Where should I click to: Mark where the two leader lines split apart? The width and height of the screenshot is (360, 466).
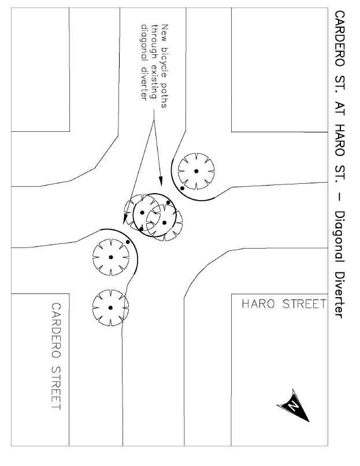tap(154, 120)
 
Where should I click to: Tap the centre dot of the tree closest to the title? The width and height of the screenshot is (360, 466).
tap(196, 171)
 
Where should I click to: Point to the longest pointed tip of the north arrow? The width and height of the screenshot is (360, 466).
tap(309, 421)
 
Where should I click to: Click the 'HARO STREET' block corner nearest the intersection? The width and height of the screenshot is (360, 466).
tap(232, 294)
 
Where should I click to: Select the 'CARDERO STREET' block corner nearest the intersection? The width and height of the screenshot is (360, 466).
tap(69, 294)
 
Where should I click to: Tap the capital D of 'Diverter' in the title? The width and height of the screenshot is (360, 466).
tap(339, 274)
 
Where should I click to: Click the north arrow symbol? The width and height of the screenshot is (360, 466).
tap(293, 405)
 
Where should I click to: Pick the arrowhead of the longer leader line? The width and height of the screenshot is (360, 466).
tap(125, 219)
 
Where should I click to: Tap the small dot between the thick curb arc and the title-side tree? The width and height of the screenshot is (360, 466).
tap(183, 188)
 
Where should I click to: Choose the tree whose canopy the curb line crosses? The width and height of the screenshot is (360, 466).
tap(110, 308)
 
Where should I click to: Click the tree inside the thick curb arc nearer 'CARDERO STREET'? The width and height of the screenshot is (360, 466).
tap(111, 257)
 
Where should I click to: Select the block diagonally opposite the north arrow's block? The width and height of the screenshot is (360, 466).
tap(40, 69)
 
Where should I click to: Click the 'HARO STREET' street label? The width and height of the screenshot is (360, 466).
tap(284, 304)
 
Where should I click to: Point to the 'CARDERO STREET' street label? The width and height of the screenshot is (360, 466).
tap(56, 356)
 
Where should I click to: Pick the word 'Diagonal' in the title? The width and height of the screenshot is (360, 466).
tap(339, 236)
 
